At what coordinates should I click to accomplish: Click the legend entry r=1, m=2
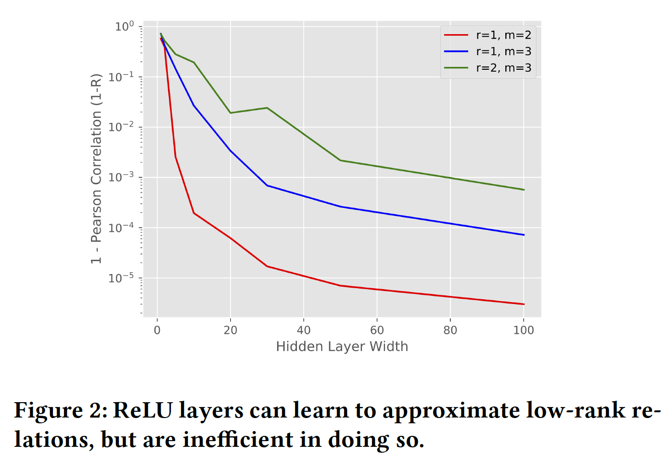[x=503, y=35]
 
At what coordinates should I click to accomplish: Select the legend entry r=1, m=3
[x=503, y=51]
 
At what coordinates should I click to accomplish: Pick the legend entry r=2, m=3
[x=503, y=68]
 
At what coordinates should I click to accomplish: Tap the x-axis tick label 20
[x=231, y=330]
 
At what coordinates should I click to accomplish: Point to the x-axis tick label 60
[x=377, y=330]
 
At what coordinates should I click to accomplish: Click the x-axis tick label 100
[x=524, y=330]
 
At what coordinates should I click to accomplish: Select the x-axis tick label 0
[x=157, y=330]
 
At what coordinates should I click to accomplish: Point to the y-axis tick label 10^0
[x=124, y=26]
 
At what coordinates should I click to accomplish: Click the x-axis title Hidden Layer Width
[x=342, y=347]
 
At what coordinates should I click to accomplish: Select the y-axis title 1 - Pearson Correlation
[x=97, y=168]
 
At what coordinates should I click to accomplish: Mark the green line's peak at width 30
[x=267, y=108]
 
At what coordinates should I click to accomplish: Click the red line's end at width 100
[x=524, y=304]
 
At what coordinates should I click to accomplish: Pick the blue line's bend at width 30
[x=267, y=185]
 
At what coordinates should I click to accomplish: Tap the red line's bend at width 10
[x=194, y=213]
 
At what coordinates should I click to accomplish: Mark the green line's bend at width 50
[x=340, y=160]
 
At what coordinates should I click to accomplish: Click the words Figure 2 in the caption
[x=60, y=410]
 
